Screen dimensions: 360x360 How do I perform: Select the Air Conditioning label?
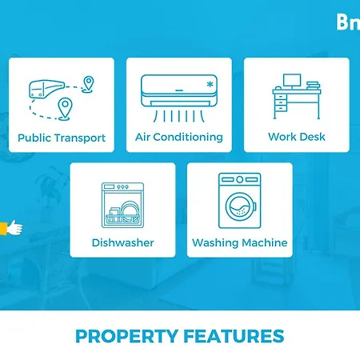pyautogui.click(x=179, y=137)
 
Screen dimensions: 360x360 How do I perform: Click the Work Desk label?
pyautogui.click(x=297, y=137)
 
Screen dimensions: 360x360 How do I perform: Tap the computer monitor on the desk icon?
pyautogui.click(x=291, y=81)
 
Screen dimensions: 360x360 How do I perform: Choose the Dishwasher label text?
pyautogui.click(x=122, y=242)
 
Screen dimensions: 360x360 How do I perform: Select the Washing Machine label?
pyautogui.click(x=239, y=242)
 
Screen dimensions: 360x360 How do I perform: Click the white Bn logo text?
pyautogui.click(x=348, y=22)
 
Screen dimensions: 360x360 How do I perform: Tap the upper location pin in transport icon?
pyautogui.click(x=88, y=83)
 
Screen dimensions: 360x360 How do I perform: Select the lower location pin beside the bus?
pyautogui.click(x=63, y=106)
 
